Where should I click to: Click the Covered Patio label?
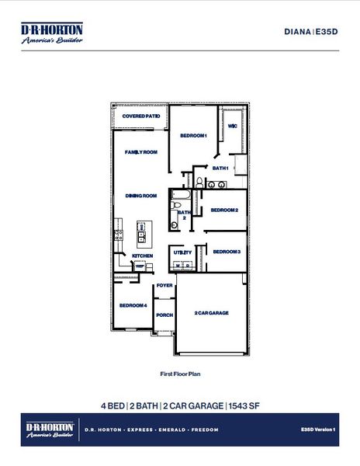click(x=141, y=116)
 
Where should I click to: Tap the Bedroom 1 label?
click(x=194, y=135)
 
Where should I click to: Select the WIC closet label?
click(x=232, y=125)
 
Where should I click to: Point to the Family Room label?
click(x=142, y=152)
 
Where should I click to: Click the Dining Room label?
click(x=141, y=196)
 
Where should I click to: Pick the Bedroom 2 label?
click(x=223, y=210)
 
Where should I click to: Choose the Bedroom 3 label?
click(x=227, y=252)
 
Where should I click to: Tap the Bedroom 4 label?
click(x=133, y=305)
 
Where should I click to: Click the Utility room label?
click(x=183, y=252)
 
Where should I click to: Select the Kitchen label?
click(x=142, y=256)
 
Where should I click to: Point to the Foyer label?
click(x=164, y=286)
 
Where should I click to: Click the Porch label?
click(x=164, y=315)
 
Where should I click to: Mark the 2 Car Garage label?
click(x=211, y=312)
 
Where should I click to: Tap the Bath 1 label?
click(x=220, y=168)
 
